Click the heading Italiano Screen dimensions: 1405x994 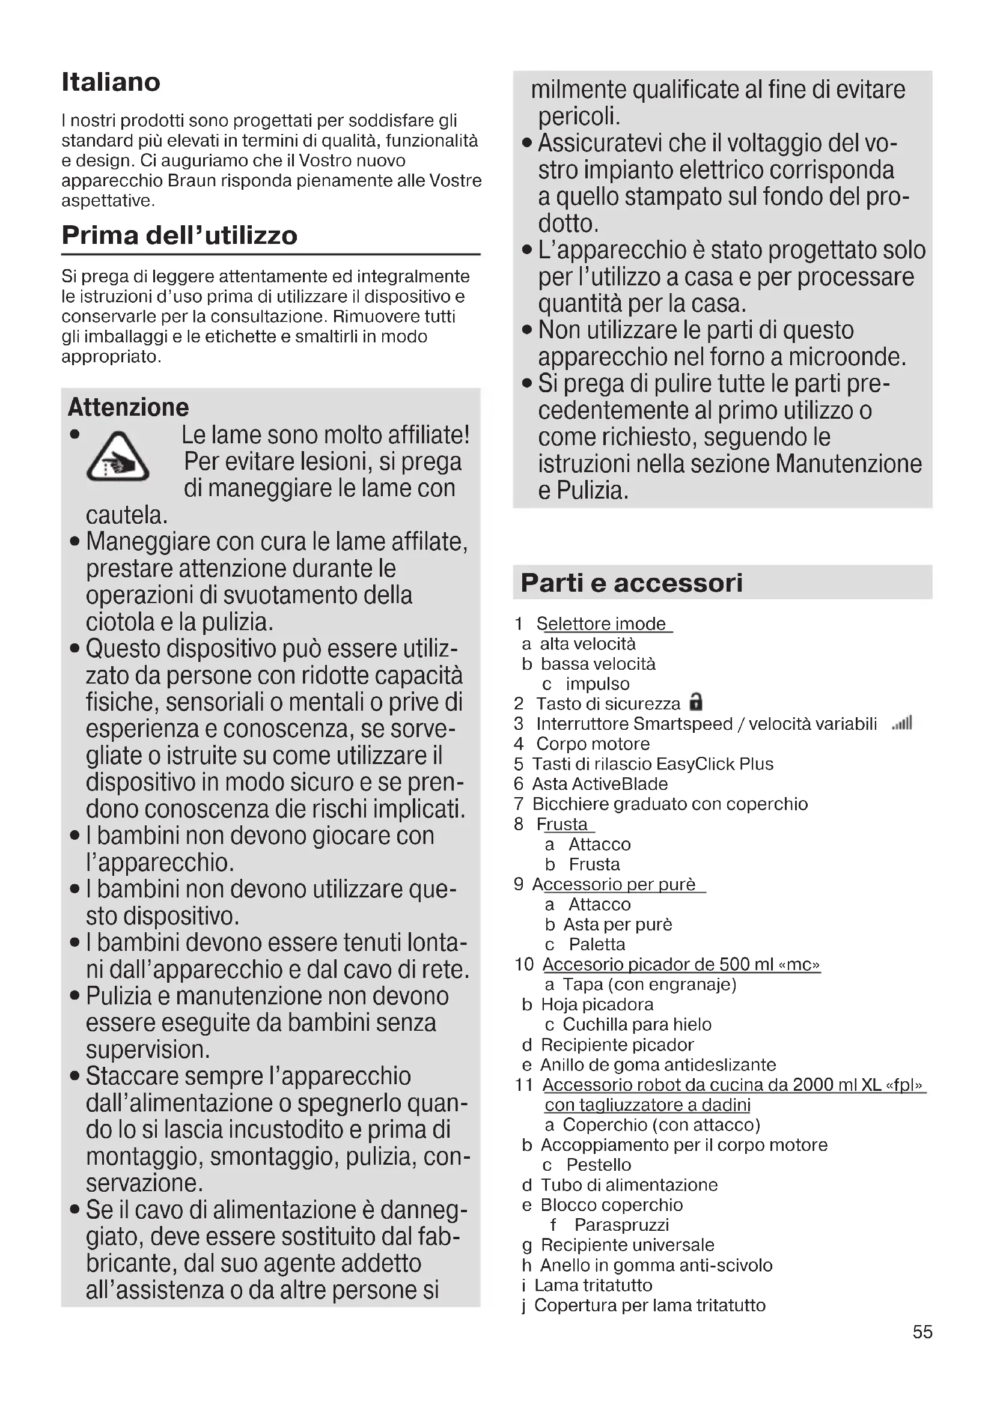111,82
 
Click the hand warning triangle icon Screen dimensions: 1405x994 118,457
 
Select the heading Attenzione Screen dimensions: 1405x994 128,407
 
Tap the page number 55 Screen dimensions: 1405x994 922,1332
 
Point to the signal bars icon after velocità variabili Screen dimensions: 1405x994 902,723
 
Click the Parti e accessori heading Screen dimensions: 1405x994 631,583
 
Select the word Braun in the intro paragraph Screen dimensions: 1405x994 191,181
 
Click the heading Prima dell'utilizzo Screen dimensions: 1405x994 179,235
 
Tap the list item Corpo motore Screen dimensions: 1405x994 593,744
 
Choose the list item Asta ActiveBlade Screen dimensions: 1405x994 600,784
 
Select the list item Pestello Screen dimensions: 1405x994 598,1165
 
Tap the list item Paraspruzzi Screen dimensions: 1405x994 621,1224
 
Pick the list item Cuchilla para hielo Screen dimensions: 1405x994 636,1024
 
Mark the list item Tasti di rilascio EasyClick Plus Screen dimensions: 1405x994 653,763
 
